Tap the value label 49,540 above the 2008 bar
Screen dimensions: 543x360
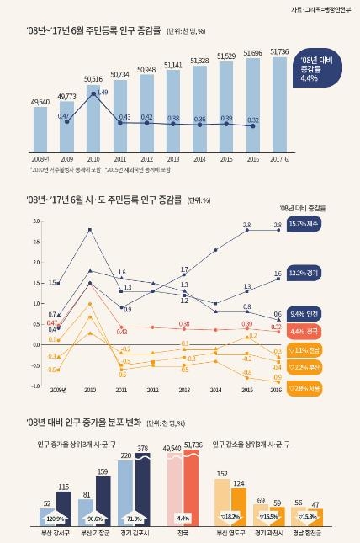point(40,100)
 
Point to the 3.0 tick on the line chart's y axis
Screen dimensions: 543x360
point(37,221)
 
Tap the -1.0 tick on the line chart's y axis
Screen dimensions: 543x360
point(36,386)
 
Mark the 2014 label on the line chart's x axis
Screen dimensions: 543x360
point(215,391)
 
